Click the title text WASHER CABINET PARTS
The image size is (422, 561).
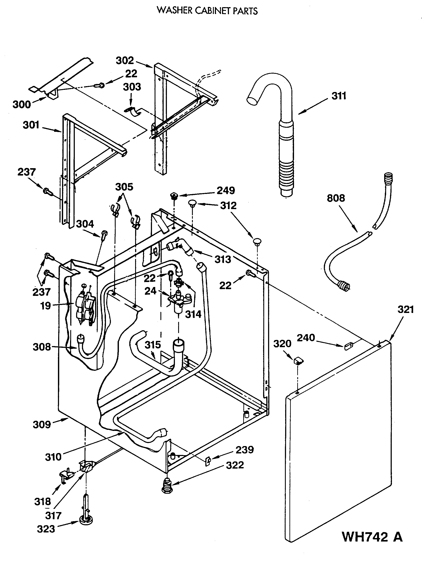[207, 11]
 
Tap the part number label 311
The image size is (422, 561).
[339, 96]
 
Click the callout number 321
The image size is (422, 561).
[406, 310]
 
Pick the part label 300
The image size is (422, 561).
[22, 104]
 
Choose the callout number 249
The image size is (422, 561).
[226, 190]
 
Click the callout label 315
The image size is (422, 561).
[153, 345]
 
